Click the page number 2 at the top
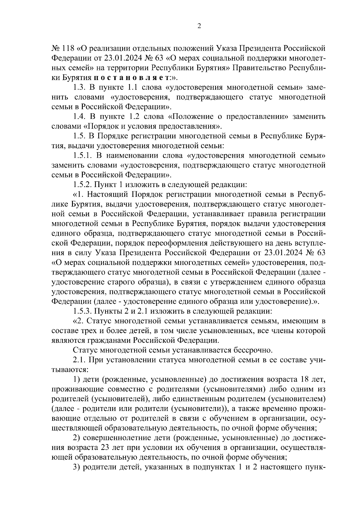tap(199, 26)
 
